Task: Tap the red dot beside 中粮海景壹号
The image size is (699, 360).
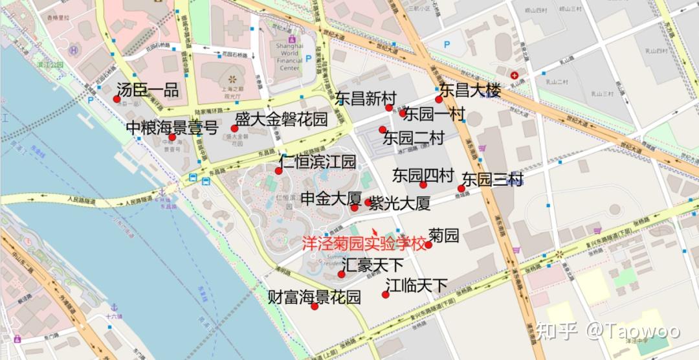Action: [x=172, y=137]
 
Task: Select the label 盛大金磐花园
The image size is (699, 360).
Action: [x=281, y=119]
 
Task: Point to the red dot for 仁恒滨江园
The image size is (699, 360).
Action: [x=278, y=171]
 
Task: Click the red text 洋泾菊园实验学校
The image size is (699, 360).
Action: [x=365, y=245]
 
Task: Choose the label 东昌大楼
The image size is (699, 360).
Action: [x=471, y=91]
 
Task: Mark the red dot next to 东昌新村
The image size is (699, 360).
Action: [x=389, y=107]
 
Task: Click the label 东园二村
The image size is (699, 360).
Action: [x=414, y=138]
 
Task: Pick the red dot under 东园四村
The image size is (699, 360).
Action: [x=423, y=185]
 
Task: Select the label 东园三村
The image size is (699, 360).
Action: [x=492, y=179]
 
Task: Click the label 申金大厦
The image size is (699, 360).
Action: [x=331, y=198]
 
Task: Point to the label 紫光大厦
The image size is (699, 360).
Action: [x=400, y=204]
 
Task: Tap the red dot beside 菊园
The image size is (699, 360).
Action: [x=428, y=245]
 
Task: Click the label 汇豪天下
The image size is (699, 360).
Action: [x=373, y=265]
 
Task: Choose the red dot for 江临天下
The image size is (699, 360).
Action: [x=385, y=295]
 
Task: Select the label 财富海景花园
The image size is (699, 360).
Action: [x=315, y=298]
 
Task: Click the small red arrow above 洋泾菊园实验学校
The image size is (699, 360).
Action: [x=375, y=231]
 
